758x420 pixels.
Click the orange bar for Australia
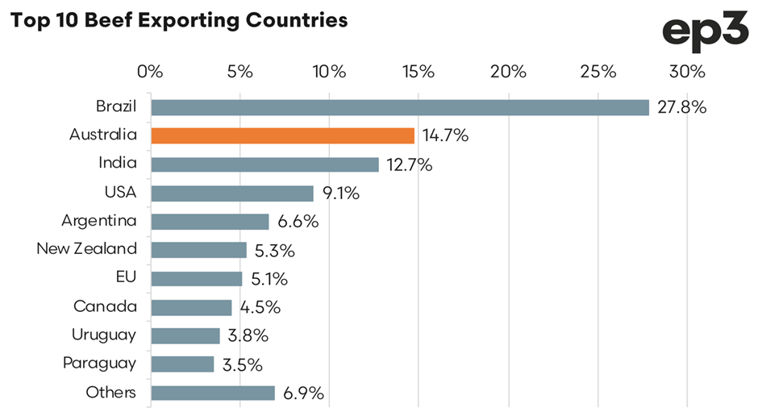tap(282, 135)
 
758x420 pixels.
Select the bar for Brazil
tap(399, 107)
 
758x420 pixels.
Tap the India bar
tap(264, 164)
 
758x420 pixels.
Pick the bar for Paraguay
tap(182, 364)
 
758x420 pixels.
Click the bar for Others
tap(213, 393)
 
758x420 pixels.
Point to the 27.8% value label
tap(681, 107)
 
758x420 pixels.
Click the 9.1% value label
tap(339, 193)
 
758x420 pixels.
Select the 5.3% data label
tap(274, 251)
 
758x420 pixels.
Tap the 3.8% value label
tap(247, 336)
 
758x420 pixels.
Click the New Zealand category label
tap(87, 249)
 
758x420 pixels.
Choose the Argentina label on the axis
tap(99, 221)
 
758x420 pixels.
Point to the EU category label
tap(126, 278)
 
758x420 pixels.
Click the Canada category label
tap(105, 307)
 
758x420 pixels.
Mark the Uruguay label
tap(103, 335)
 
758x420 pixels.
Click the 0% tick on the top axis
tap(151, 71)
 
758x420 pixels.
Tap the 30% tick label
tap(686, 71)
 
